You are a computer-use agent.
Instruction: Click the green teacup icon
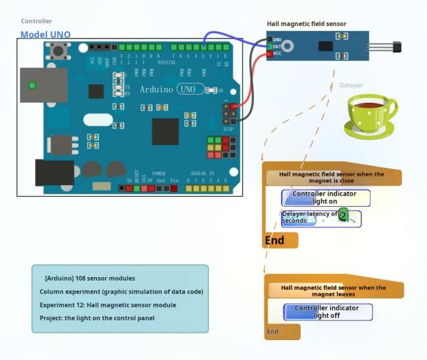370,114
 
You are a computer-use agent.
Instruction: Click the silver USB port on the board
43,84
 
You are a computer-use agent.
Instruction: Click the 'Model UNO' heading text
45,34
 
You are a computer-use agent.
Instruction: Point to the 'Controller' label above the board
36,21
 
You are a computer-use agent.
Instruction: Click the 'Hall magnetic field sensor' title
306,24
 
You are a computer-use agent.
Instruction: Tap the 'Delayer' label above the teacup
351,86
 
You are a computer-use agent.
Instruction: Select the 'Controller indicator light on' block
325,198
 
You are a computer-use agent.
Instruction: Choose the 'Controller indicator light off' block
328,312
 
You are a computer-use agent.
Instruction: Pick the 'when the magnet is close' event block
332,177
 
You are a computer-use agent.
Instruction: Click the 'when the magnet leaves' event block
334,290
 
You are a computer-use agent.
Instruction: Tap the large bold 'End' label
274,240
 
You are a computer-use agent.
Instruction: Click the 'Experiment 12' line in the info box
108,305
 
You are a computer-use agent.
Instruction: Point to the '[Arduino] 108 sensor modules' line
90,278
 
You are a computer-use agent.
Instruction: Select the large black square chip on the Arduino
165,131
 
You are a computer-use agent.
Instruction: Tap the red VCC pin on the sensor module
271,54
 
